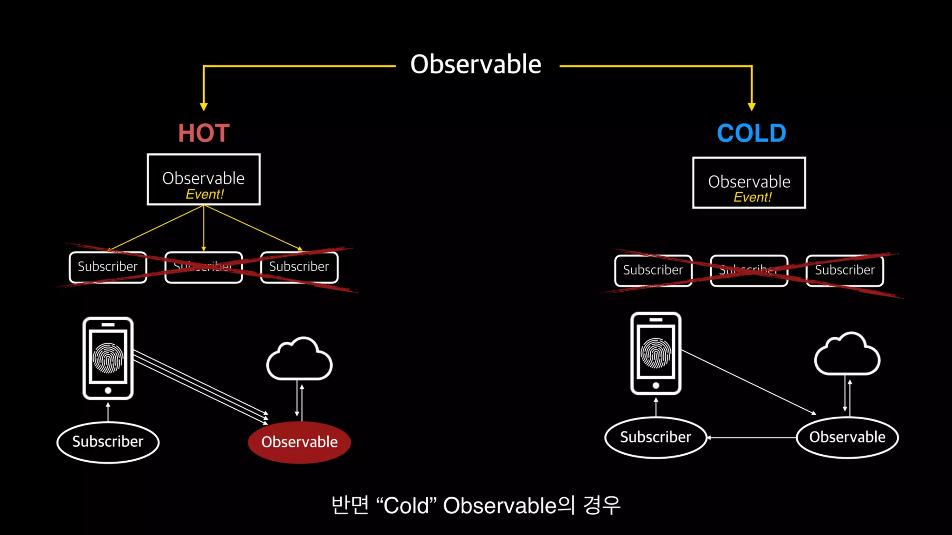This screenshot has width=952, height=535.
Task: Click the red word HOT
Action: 204,133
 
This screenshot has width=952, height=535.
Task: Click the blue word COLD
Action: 751,133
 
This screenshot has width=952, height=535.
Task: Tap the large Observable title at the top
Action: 476,64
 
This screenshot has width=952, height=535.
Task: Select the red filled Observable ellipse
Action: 299,442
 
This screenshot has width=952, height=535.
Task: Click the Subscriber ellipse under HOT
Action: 108,442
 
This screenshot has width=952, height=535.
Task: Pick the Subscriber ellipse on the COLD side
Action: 655,437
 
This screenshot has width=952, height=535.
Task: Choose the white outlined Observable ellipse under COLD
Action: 847,437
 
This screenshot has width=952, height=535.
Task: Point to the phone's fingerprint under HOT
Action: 108,358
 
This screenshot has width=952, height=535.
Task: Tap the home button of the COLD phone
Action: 655,385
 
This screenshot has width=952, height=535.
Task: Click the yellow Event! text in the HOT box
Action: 205,194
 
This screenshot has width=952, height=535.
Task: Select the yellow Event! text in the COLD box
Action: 752,197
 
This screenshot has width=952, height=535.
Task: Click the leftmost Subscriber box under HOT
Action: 108,267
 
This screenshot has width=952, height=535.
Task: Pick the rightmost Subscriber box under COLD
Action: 845,270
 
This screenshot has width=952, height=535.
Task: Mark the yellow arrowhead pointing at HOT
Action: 204,107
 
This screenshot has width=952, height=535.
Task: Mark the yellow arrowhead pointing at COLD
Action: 751,107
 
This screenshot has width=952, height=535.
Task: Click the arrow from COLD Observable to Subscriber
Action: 751,437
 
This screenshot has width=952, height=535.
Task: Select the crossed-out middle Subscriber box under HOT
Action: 204,267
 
